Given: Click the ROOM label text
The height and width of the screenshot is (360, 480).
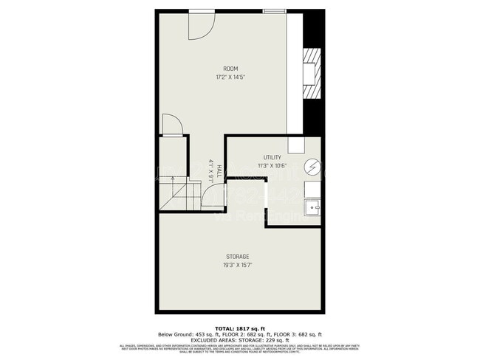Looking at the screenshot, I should [231, 69].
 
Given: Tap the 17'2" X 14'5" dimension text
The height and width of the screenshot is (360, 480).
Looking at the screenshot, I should [231, 76].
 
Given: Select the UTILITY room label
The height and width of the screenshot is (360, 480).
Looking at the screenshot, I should [272, 158].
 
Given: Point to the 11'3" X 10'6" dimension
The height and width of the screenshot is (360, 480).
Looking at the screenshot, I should [272, 166].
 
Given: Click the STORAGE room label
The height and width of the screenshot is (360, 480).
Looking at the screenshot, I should [237, 257].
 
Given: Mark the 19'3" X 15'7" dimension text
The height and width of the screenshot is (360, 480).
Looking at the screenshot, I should [237, 265].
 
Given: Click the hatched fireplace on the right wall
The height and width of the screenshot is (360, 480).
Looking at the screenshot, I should [313, 72].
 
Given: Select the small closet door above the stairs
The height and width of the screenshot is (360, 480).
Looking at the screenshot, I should [171, 125].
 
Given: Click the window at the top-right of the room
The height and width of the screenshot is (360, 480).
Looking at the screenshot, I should [274, 10].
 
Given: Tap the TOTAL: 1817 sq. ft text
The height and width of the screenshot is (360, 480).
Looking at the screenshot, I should [239, 328].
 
